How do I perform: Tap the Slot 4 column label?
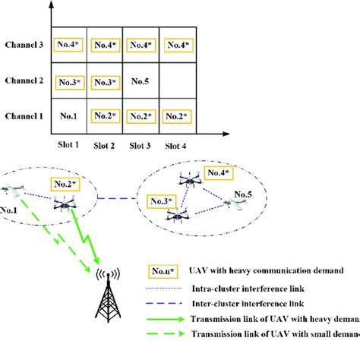[176, 144]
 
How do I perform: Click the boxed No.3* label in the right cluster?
[161, 201]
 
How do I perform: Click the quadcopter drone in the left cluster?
[63, 204]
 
